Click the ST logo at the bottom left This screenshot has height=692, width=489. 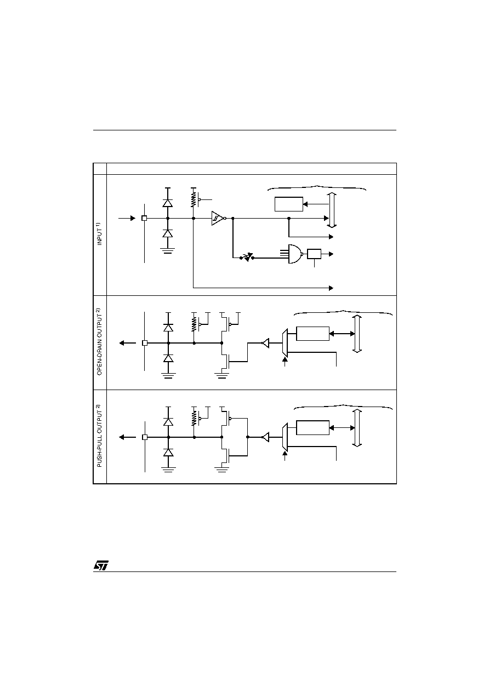[x=101, y=565]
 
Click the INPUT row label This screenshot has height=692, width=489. [x=99, y=233]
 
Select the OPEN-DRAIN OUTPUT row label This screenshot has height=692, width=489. [x=99, y=342]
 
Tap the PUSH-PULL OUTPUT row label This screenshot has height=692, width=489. [x=99, y=436]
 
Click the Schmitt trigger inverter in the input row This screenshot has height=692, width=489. [x=219, y=218]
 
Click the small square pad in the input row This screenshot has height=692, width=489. [x=144, y=218]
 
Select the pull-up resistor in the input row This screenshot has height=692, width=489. [x=193, y=200]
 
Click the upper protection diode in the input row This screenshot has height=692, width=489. [x=168, y=203]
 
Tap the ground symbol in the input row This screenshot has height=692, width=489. [x=168, y=250]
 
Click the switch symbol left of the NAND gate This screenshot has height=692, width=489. [x=247, y=257]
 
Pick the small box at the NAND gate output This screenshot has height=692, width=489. [x=314, y=254]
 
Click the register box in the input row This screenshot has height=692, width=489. [x=289, y=204]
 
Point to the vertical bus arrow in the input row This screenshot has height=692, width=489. [x=332, y=210]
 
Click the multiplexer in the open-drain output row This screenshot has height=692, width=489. [x=285, y=343]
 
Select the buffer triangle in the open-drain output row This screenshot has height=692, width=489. [x=265, y=343]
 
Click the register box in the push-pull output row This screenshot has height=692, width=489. [x=312, y=427]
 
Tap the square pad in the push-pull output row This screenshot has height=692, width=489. [x=144, y=437]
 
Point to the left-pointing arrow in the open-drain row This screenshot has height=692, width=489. [x=128, y=343]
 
